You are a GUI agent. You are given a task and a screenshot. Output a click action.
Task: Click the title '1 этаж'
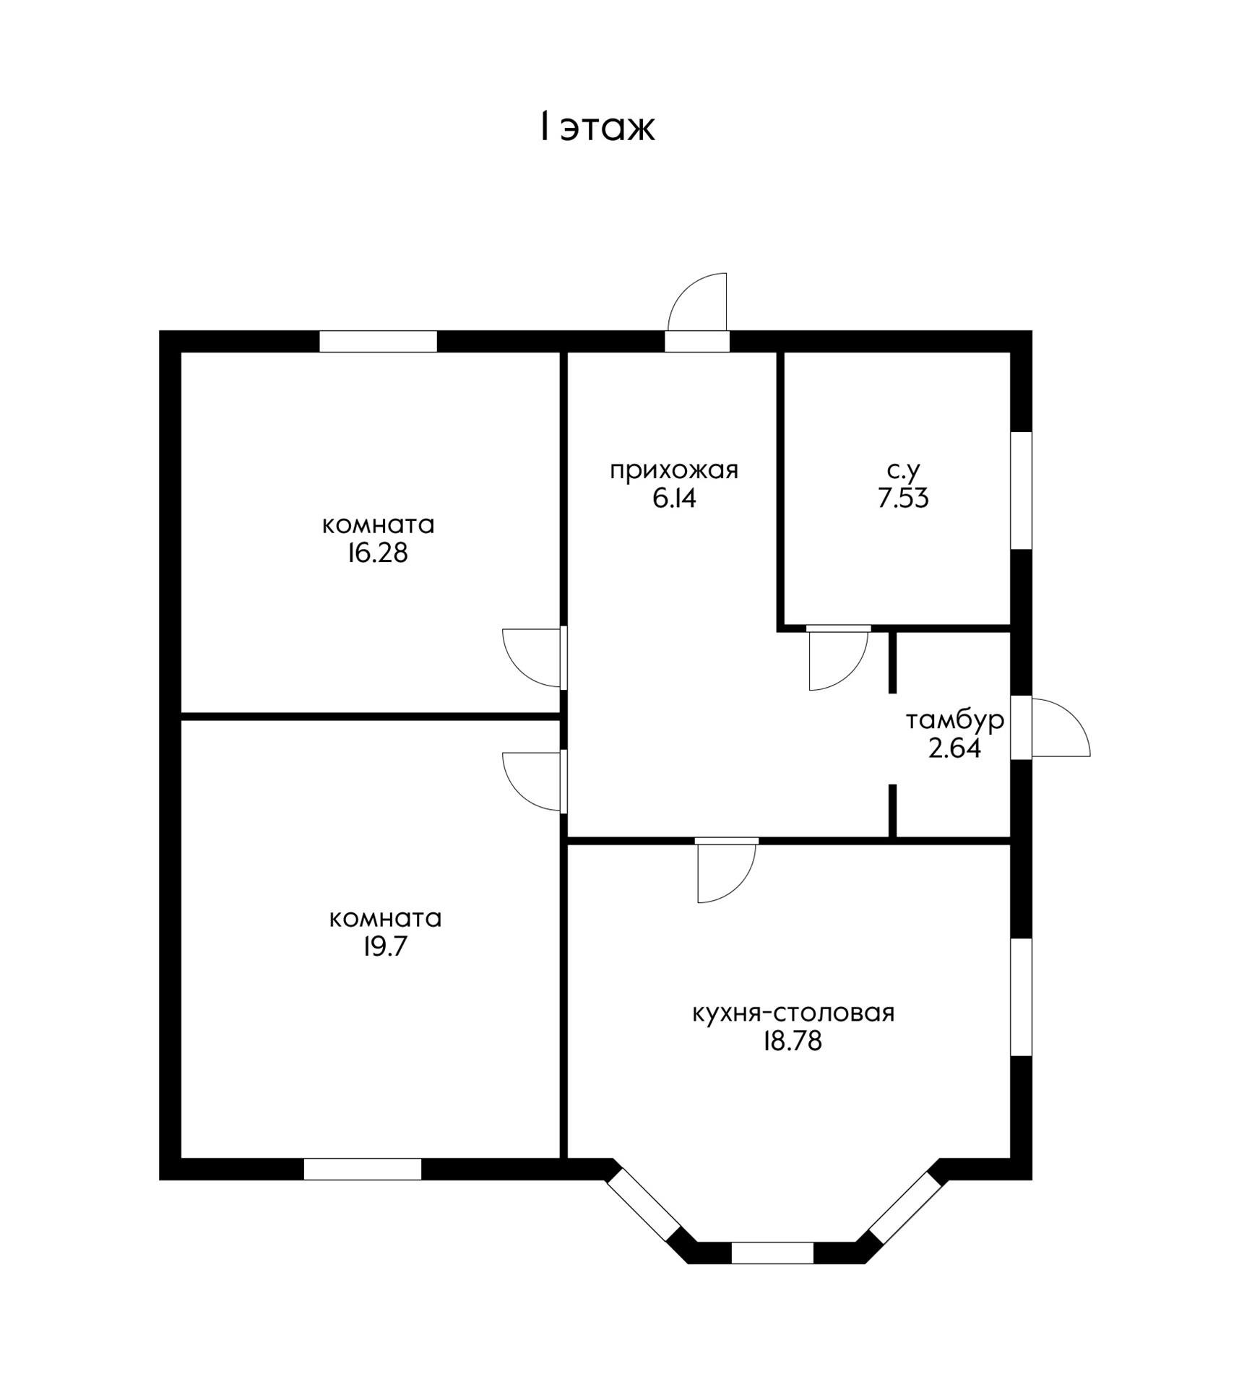pos(597,127)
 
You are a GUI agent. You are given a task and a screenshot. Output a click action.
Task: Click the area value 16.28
pos(377,553)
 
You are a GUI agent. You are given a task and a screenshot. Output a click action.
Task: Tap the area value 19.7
pos(385,946)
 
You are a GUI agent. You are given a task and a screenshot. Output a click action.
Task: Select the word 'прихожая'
pos(673,470)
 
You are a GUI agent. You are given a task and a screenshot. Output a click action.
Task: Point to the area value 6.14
pos(673,498)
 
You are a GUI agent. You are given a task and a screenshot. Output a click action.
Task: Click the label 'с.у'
pos(903,471)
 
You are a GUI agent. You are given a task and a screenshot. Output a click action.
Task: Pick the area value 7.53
pos(903,498)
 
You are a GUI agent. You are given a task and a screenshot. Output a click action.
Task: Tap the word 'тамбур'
pos(954,720)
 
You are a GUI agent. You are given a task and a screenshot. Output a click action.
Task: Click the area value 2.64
pos(954,748)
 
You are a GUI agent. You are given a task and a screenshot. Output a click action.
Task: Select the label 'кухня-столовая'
pos(793,1013)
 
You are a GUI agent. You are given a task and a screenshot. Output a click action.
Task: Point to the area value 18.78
pos(793,1041)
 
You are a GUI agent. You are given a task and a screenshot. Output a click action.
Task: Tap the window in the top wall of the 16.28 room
pos(378,341)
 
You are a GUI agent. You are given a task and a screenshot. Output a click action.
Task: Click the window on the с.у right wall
pos(1021,491)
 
